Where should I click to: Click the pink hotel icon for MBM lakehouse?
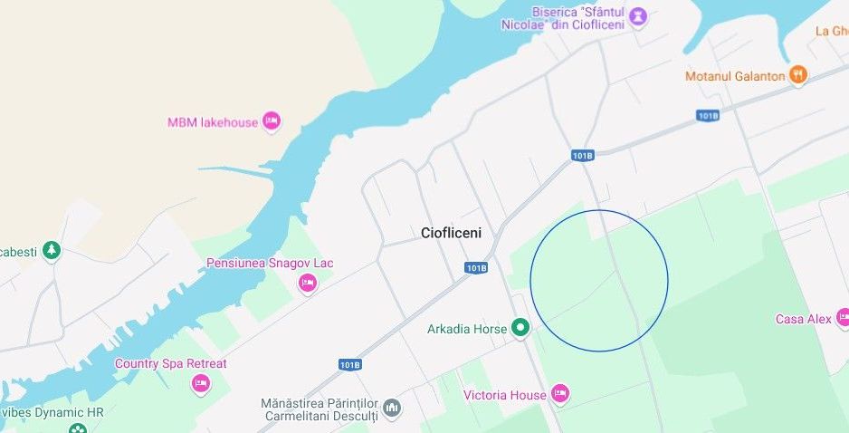272,122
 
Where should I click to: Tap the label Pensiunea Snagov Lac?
270,264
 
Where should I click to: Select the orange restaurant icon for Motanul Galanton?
797,76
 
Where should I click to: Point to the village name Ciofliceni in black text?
452,233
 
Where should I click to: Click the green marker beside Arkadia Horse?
520,329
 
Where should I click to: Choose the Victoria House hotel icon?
560,395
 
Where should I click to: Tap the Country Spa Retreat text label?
170,363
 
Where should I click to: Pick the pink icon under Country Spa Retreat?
201,384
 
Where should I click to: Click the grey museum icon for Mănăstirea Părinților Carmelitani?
392,409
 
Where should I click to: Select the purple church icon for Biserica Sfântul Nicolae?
638,16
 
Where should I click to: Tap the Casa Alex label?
803,319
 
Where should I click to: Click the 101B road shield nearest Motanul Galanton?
708,116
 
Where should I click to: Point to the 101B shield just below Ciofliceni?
477,268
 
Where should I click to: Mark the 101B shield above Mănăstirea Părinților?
349,364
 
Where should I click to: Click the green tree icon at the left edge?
52,250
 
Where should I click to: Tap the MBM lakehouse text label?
213,122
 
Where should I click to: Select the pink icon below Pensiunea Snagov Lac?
308,284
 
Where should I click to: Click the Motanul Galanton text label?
735,76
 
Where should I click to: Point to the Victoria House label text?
504,395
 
